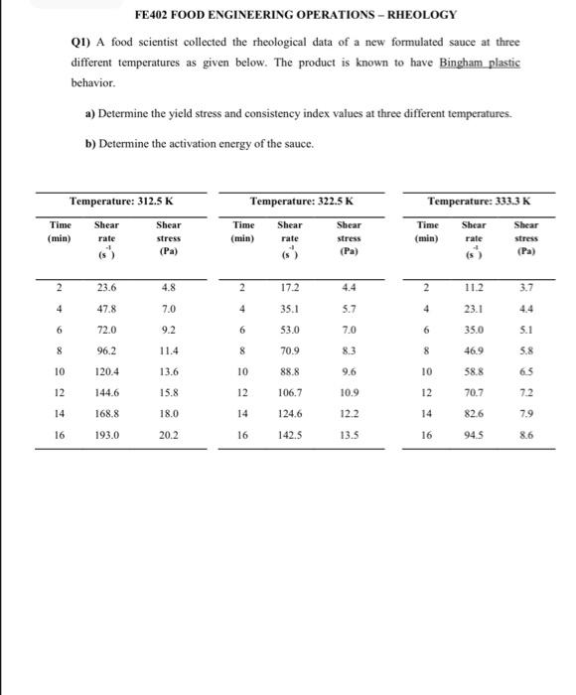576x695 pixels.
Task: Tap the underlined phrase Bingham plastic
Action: click(x=480, y=63)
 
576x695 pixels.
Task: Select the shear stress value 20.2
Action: click(x=169, y=434)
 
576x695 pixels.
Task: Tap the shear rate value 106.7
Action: click(x=290, y=392)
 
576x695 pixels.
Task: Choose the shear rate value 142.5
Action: click(x=290, y=434)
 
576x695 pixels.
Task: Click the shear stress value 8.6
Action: click(x=527, y=434)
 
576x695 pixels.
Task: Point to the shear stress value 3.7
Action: click(x=527, y=289)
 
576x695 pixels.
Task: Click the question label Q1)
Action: click(x=81, y=44)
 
